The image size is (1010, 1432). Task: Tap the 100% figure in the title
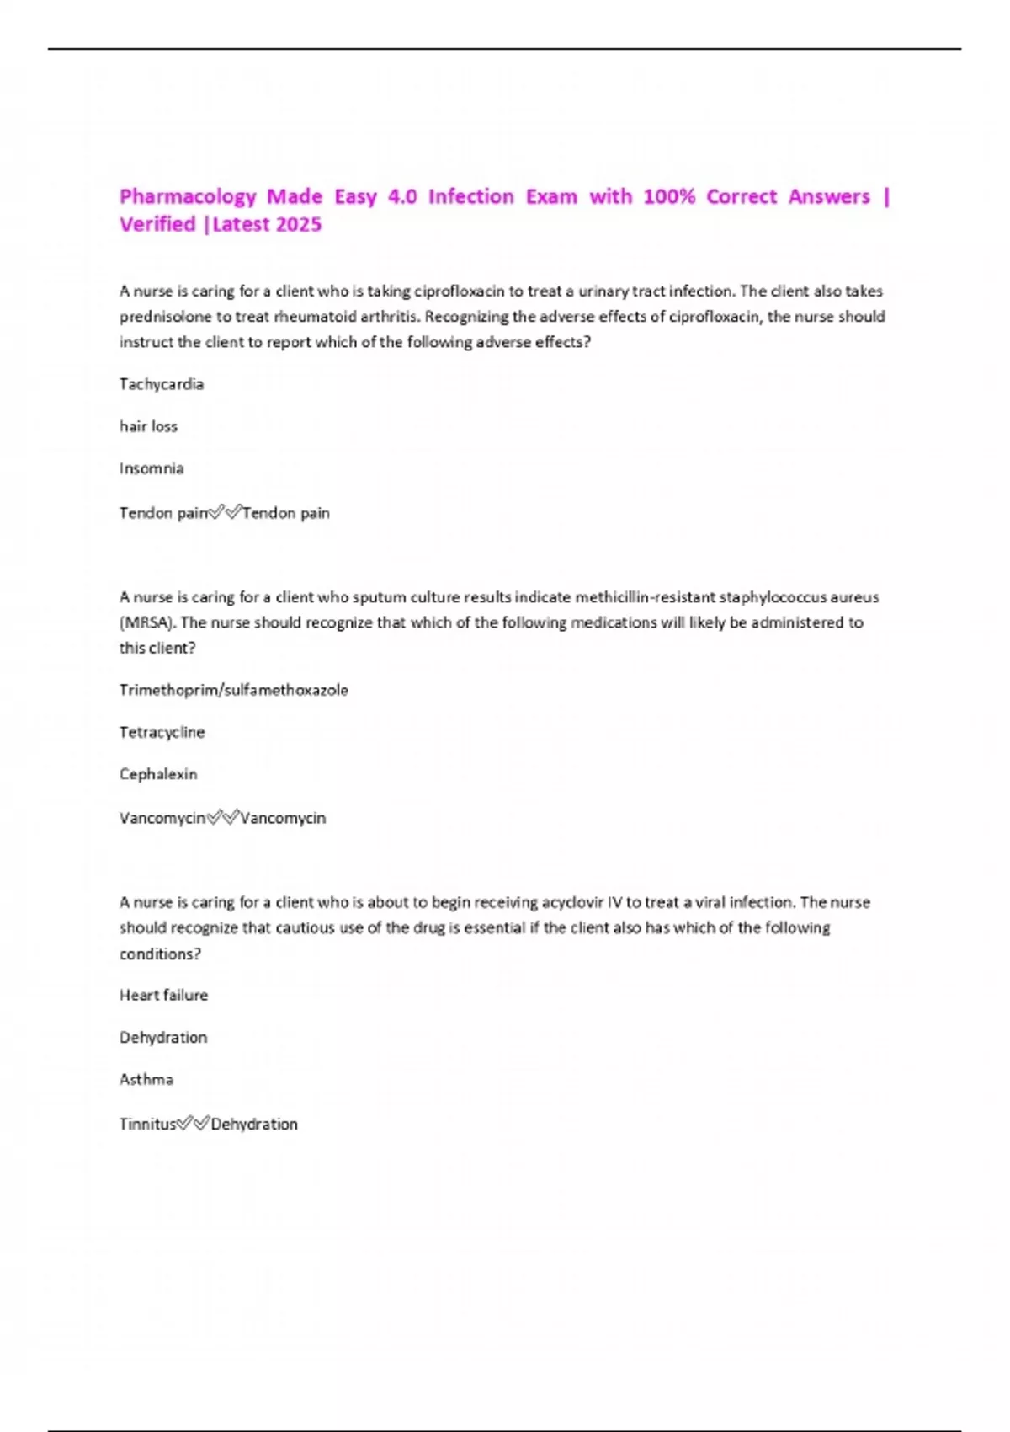coord(668,197)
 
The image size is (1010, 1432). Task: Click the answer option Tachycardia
coord(162,384)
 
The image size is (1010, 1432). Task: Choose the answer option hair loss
coord(148,426)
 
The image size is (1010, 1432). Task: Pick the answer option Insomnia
coord(151,468)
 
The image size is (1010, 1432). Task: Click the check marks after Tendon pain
coord(225,512)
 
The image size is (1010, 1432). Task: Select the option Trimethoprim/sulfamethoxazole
coord(233,690)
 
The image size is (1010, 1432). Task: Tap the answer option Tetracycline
coord(162,732)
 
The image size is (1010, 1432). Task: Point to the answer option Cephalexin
coord(158,774)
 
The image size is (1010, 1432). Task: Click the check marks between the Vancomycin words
coord(223,818)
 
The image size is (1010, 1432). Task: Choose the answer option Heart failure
coord(163,995)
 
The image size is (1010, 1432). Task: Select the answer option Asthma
coord(146,1079)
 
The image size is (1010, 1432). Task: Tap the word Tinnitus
coord(147,1124)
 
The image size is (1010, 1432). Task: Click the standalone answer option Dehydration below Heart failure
coord(163,1037)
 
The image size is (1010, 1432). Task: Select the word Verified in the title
coord(157,225)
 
